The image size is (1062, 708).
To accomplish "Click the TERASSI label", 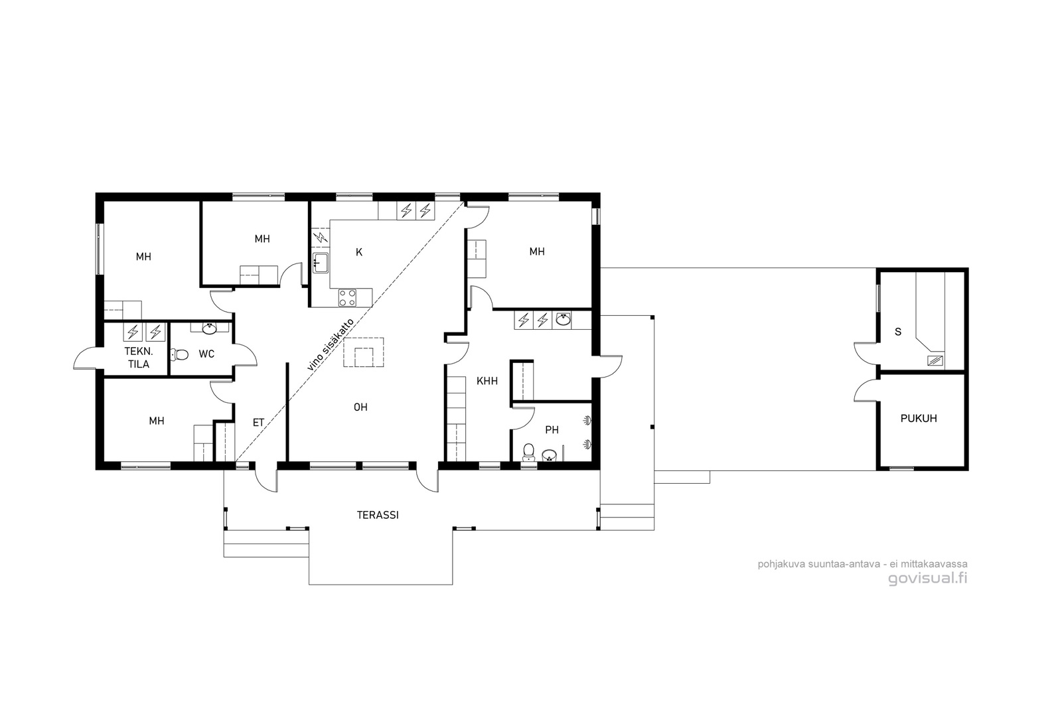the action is pos(378,515).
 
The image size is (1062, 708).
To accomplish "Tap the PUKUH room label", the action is pos(919,419).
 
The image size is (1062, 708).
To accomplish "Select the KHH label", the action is pos(487,381).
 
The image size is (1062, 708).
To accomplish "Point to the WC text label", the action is pos(206,354).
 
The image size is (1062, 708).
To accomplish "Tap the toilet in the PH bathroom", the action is pos(528,452).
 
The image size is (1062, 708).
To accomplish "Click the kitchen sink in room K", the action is pos(321,263).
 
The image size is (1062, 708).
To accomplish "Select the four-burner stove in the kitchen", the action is pos(348,298).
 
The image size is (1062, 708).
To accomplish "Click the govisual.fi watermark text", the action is pos(927,579).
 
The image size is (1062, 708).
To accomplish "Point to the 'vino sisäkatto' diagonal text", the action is pos(331,344).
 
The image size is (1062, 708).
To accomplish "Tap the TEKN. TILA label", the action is pos(139,358).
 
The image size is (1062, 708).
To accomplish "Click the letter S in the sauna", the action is pos(897,332).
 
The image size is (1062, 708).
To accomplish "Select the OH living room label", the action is pos(360,407).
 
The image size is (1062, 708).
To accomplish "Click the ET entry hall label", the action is pos(258,423).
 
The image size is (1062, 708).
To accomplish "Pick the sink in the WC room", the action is pos(209,327).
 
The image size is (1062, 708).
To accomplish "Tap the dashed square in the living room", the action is pos(364,352).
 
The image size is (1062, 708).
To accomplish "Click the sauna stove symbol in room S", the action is pos(935,360).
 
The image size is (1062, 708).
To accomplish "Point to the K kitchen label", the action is pos(359,252).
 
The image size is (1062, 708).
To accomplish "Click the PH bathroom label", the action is pos(552,430).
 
